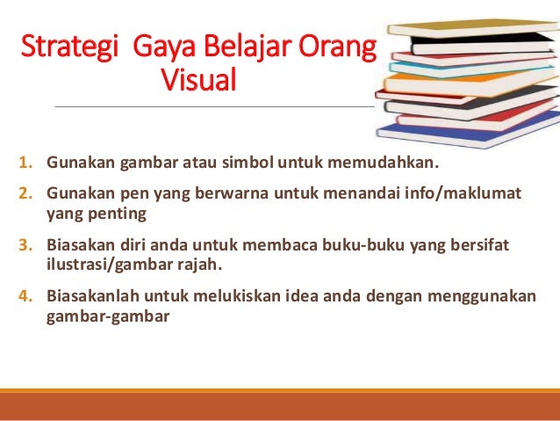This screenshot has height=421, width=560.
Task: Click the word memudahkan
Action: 388,163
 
